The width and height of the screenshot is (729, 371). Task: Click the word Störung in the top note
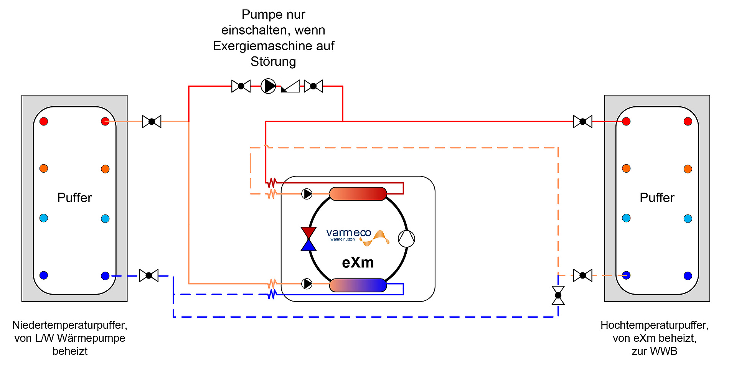pos(273,62)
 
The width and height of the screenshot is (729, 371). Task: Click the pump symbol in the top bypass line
pos(268,86)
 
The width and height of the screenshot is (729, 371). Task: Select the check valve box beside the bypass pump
pos(290,86)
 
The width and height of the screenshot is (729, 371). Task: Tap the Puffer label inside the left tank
pos(74,198)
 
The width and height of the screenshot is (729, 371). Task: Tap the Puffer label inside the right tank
pos(657,198)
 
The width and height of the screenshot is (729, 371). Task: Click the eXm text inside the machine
pos(358,263)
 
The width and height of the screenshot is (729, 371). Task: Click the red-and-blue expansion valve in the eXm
pos(308,239)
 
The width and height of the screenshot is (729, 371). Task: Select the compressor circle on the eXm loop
pos(406,239)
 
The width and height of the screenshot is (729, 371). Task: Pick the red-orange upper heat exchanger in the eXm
pos(358,194)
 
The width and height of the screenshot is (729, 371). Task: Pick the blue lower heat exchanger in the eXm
pos(358,285)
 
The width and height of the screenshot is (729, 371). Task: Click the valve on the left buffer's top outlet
pos(152,122)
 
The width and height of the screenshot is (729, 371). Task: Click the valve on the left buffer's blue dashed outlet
pos(149,275)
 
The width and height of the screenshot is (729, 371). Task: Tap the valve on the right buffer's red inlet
pos(582,122)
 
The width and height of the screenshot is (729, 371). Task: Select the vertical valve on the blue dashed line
pos(558,295)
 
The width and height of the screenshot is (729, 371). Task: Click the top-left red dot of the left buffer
pos(44,122)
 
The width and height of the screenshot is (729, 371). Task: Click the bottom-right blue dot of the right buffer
pos(688,275)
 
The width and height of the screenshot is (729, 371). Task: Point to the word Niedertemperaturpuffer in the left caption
pos(69,325)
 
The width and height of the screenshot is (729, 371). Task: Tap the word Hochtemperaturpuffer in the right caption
pos(654,325)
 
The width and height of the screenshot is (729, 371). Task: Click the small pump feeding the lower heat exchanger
pos(307,284)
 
